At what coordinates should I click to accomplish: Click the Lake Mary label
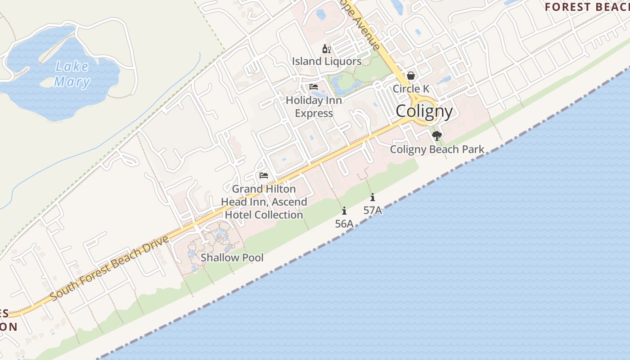pos(72,74)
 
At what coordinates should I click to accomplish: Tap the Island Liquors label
pos(327,61)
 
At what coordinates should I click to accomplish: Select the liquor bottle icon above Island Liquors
pos(326,49)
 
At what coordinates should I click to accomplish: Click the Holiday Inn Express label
pos(314,107)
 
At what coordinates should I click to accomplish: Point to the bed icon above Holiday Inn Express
pos(314,86)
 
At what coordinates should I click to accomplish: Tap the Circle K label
pos(411,89)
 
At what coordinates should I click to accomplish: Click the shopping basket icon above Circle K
pos(411,76)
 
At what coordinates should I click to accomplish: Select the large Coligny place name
pos(424,111)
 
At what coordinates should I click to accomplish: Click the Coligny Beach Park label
pos(437,149)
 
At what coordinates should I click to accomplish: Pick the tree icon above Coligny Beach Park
pos(436,135)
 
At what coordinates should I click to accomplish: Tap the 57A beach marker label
pos(373,210)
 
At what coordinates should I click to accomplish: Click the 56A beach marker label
pos(344,224)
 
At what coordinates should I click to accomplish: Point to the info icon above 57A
pos(373,197)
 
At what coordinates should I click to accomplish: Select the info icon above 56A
pos(344,211)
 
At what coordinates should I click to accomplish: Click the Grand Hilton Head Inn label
pos(264,202)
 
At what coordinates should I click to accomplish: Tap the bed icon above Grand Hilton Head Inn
pos(264,175)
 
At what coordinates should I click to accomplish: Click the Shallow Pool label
pos(232,258)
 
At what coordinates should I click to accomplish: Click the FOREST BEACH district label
pos(587,7)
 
